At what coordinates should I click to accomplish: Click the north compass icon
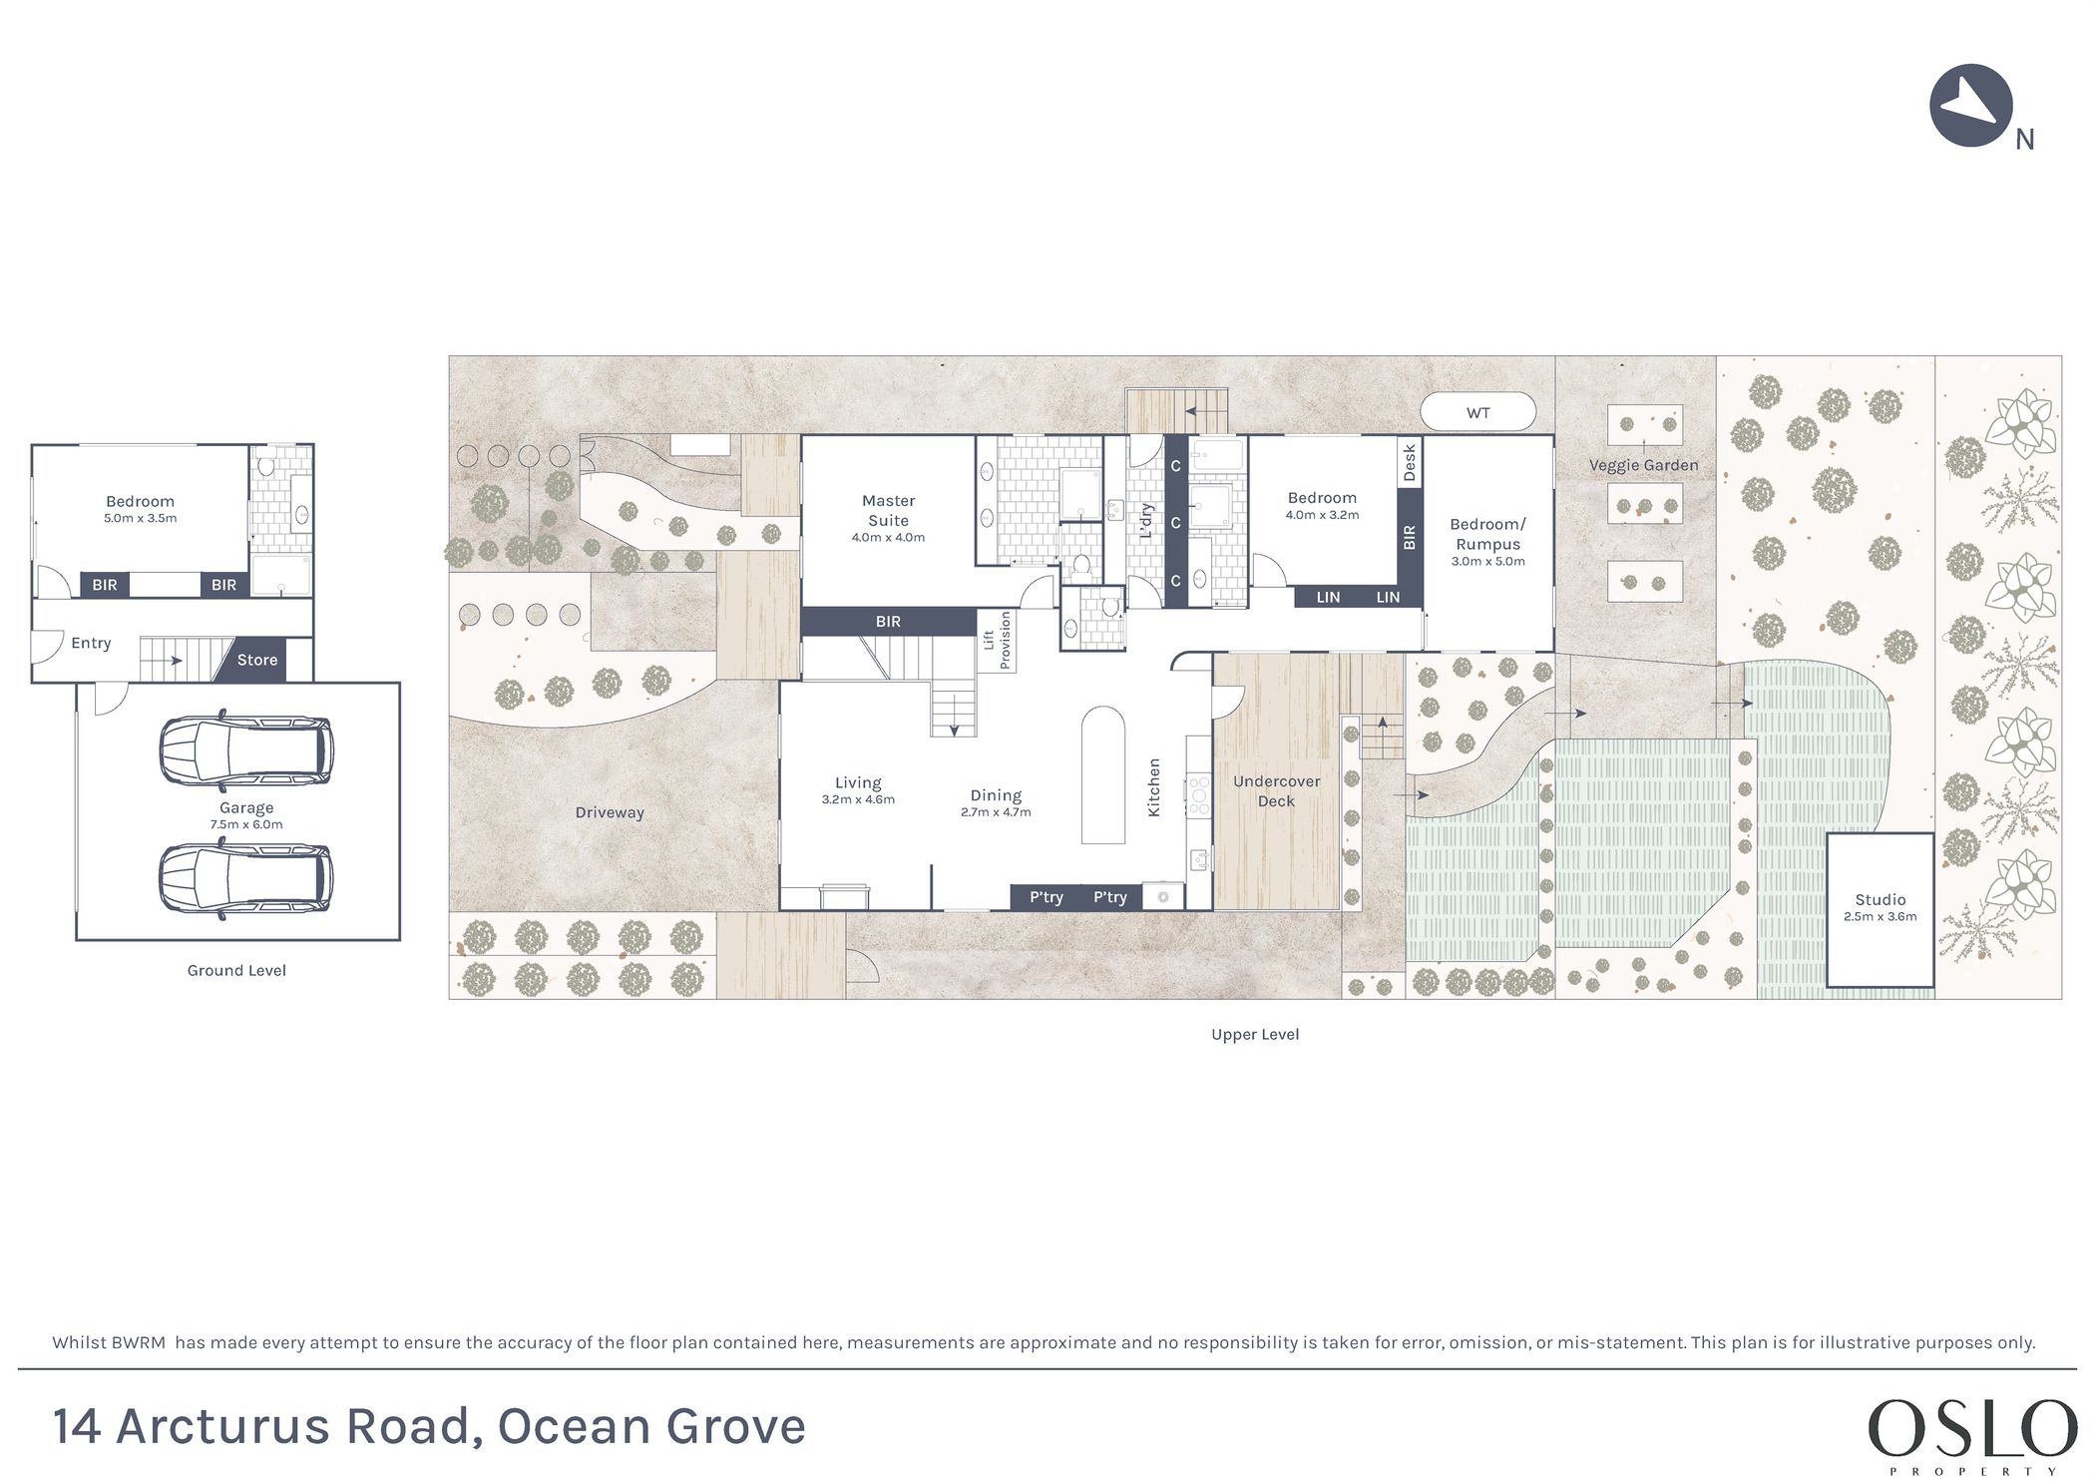pos(1970,106)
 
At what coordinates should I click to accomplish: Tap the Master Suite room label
pos(888,510)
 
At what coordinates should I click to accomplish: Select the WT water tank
pos(1477,412)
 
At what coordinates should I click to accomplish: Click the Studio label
pos(1880,899)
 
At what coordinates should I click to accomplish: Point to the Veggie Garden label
pos(1643,465)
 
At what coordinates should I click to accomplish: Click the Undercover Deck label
pos(1276,791)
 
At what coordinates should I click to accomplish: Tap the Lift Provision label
pos(997,641)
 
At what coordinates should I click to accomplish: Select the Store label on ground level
pos(257,660)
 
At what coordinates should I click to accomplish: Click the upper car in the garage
pos(246,748)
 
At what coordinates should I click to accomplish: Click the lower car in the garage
pos(245,879)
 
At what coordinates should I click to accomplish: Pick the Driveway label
pos(610,813)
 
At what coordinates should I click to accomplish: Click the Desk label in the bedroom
pos(1410,463)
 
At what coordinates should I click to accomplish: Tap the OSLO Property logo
pos(1971,1434)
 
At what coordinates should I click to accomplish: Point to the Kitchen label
pos(1154,787)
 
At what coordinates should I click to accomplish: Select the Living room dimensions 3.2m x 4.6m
pos(858,799)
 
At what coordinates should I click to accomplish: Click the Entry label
pos(91,644)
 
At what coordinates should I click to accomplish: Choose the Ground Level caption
pos(236,970)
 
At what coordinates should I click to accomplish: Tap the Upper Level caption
pos(1255,1035)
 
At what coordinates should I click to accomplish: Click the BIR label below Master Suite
pos(888,622)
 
